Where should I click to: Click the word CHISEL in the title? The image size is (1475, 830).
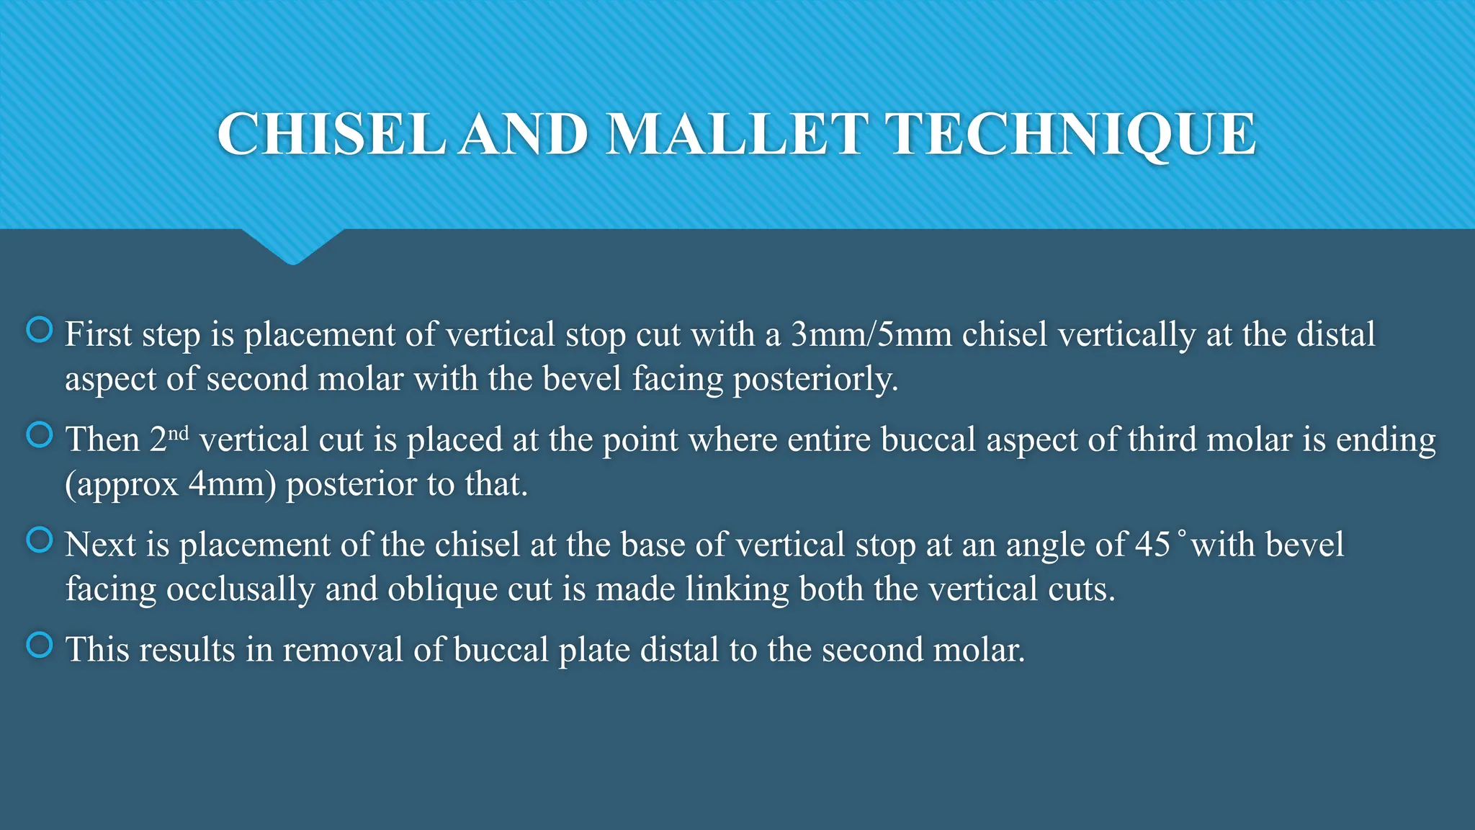pyautogui.click(x=331, y=135)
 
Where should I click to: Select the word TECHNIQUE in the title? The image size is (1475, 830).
pyautogui.click(x=1073, y=135)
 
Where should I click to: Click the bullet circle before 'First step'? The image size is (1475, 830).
pyautogui.click(x=39, y=330)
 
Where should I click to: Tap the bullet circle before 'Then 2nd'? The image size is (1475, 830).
pyautogui.click(x=39, y=434)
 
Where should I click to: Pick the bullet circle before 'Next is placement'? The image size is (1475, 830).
pyautogui.click(x=39, y=540)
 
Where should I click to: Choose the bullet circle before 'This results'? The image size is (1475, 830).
pyautogui.click(x=39, y=645)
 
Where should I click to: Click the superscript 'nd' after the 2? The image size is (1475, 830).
pyautogui.click(x=178, y=433)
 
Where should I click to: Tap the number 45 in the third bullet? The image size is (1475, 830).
pyautogui.click(x=1152, y=545)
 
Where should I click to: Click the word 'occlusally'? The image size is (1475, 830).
pyautogui.click(x=241, y=589)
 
